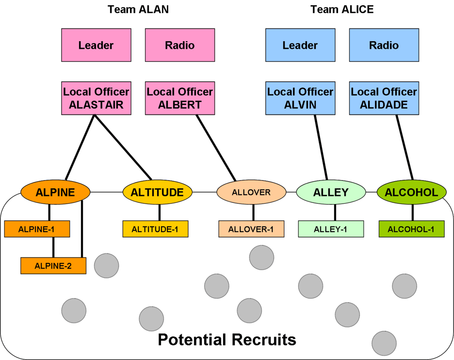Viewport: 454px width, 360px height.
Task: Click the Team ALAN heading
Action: (x=138, y=9)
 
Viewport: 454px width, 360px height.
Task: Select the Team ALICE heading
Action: (x=342, y=9)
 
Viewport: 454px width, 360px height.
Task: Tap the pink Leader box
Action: (x=96, y=45)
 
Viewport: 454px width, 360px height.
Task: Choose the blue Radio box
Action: (x=384, y=45)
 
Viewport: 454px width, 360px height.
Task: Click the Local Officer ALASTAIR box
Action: (x=96, y=98)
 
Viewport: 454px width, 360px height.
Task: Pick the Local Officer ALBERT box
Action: (x=180, y=98)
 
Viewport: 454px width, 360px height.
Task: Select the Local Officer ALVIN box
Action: (x=300, y=98)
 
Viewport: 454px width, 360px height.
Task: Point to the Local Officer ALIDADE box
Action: (x=384, y=98)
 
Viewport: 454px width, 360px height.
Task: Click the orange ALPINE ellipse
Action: (x=55, y=192)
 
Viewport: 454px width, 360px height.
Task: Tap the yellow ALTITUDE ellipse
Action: (x=157, y=192)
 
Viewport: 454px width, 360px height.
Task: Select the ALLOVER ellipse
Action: (x=251, y=192)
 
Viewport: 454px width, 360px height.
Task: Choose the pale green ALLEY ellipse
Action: (x=331, y=192)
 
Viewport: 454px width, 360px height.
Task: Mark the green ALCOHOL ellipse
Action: (x=411, y=192)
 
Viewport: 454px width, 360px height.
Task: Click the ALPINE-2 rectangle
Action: (x=53, y=266)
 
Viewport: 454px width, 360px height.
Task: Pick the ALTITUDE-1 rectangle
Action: (x=155, y=229)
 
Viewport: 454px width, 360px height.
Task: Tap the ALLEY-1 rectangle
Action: (x=331, y=229)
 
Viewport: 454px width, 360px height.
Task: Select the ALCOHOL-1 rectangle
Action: (x=411, y=229)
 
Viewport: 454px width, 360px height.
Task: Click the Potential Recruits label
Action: (x=227, y=340)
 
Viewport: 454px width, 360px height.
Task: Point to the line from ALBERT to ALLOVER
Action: (x=215, y=148)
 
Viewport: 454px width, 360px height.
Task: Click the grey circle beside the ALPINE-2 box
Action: (x=106, y=266)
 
